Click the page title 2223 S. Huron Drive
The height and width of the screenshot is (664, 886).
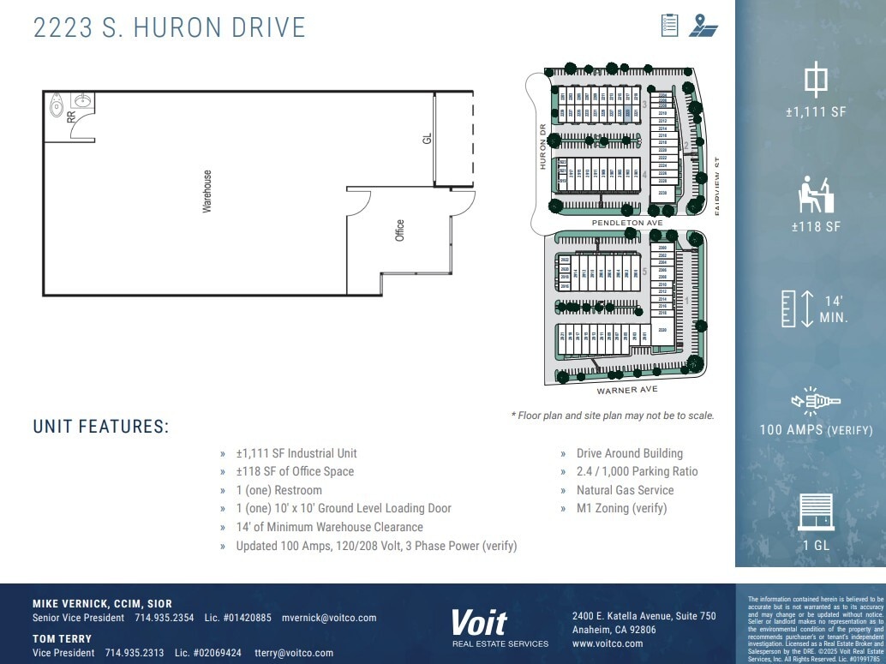[x=169, y=27]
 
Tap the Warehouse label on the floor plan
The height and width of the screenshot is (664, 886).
[x=207, y=191]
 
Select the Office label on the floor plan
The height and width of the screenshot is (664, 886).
[x=399, y=230]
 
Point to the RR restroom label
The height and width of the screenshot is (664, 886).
[x=71, y=117]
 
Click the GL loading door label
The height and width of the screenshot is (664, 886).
[x=427, y=138]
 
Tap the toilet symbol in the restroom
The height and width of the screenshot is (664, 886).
[x=57, y=105]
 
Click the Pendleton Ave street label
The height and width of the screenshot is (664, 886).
[x=627, y=223]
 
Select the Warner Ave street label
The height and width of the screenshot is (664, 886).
[x=627, y=390]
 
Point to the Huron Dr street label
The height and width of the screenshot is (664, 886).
[x=542, y=147]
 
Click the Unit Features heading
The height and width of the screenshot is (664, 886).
[x=101, y=427]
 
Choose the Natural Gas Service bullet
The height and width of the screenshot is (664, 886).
[x=625, y=490]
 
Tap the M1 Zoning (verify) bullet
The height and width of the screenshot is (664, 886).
[x=621, y=508]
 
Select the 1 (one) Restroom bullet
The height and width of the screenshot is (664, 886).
[x=278, y=490]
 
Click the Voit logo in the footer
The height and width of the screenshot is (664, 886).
[x=480, y=623]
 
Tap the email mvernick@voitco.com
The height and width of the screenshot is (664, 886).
[x=329, y=618]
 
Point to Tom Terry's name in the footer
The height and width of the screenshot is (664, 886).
[x=62, y=638]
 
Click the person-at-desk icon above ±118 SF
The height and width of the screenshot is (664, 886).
[x=815, y=194]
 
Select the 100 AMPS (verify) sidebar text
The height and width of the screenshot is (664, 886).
[x=816, y=430]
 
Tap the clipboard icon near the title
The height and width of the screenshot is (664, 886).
[x=670, y=25]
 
